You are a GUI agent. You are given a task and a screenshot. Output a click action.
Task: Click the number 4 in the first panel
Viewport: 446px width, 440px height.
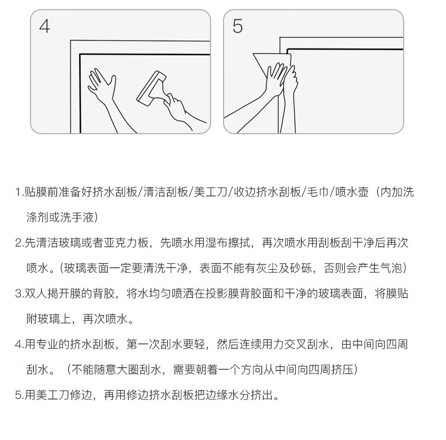(x=45, y=27)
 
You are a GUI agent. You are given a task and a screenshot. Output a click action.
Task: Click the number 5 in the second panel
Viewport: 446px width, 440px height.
(x=238, y=26)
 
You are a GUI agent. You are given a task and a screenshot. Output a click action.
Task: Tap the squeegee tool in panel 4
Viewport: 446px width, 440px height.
(x=151, y=88)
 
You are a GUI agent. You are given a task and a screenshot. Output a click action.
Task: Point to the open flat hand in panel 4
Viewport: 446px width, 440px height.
(x=102, y=85)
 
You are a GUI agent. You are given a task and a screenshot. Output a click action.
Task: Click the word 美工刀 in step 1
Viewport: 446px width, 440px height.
(x=211, y=192)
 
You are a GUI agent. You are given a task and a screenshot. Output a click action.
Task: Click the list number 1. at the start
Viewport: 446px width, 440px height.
(x=19, y=192)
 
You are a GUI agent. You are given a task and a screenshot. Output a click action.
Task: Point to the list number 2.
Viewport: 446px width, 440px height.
(x=19, y=243)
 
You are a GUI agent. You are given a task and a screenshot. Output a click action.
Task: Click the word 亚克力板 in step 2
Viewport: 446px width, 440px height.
(x=126, y=243)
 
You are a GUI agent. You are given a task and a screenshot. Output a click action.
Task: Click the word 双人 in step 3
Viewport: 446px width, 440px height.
(x=36, y=293)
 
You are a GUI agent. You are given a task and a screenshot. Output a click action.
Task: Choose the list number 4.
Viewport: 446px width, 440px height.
(x=19, y=345)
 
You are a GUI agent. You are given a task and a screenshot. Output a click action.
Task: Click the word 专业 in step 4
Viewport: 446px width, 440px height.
(x=47, y=344)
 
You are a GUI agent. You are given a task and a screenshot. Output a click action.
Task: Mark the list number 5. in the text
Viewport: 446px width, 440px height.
(x=19, y=395)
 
